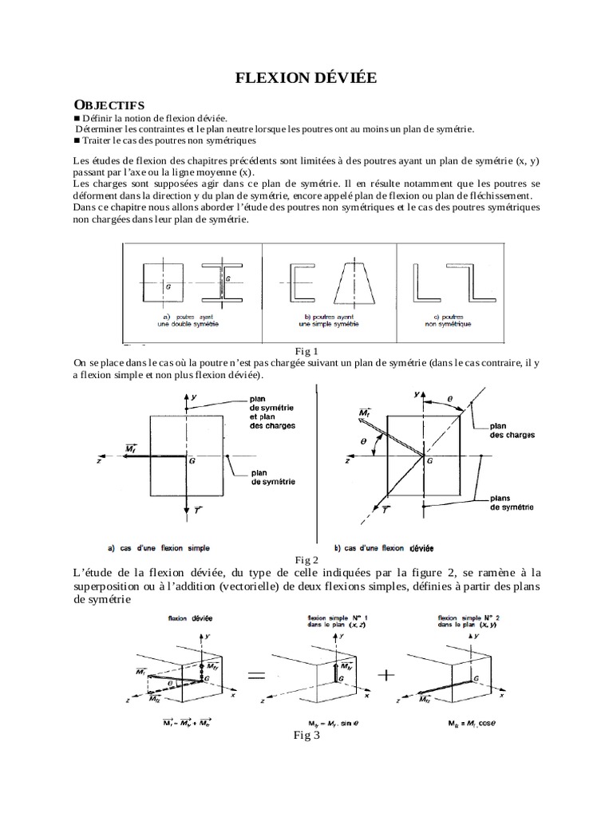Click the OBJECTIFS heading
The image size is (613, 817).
(x=109, y=105)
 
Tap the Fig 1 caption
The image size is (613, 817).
(x=306, y=352)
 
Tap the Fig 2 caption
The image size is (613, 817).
(x=306, y=558)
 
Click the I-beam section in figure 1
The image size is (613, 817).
(x=221, y=283)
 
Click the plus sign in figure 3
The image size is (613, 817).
(x=386, y=675)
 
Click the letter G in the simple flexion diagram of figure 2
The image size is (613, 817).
(x=192, y=460)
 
